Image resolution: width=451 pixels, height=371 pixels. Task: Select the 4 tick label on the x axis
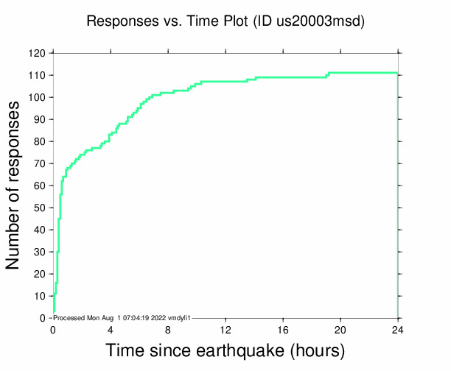(111, 329)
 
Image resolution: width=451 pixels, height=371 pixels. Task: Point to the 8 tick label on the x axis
(168, 329)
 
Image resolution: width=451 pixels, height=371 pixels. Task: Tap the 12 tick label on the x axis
(225, 329)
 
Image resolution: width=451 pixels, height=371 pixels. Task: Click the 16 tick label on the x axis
(283, 329)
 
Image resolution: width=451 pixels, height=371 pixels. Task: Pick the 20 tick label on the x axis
(340, 329)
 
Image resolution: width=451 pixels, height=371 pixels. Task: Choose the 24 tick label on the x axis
(398, 329)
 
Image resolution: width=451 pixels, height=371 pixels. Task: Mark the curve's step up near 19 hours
(328, 75)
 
